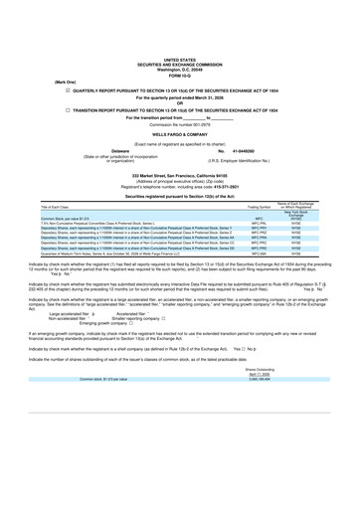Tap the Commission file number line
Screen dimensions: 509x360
(180, 123)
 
